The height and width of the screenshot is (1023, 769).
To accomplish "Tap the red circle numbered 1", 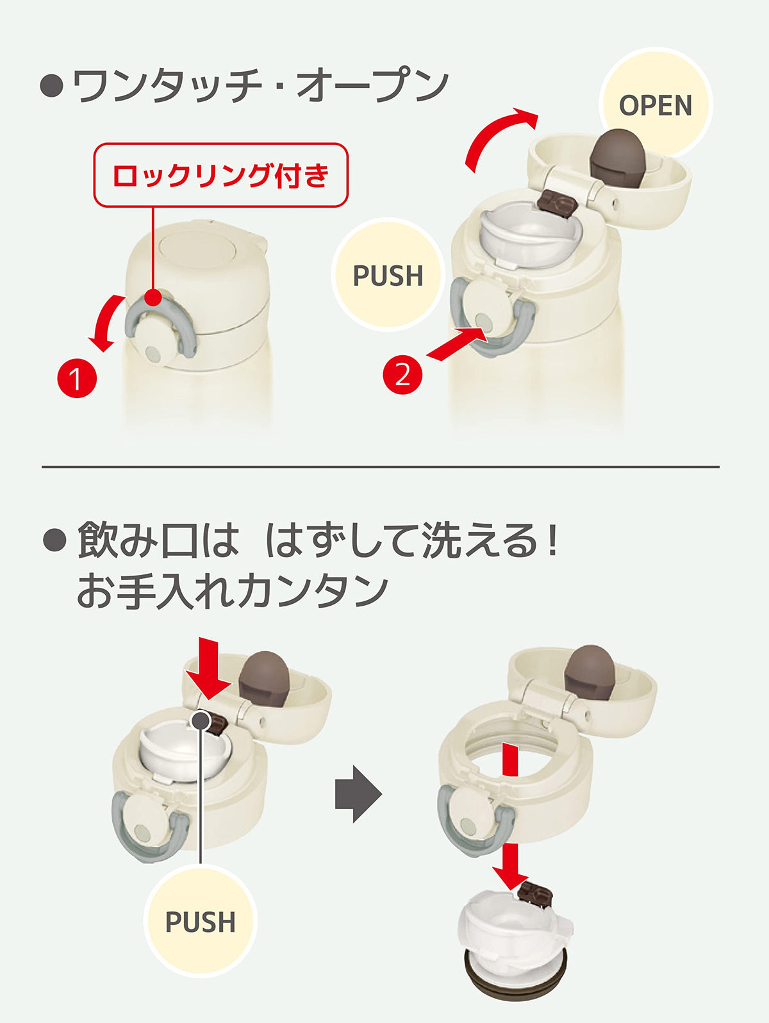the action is click(x=77, y=378).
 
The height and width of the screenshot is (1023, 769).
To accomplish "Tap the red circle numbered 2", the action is click(x=402, y=374).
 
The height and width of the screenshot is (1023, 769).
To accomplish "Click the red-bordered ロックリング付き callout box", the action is click(x=221, y=175).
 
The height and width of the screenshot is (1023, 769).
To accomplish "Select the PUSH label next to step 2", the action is click(x=388, y=275).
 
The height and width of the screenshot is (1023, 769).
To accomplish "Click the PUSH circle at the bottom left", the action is click(x=201, y=921).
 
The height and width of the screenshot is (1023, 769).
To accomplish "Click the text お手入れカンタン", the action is click(x=233, y=592).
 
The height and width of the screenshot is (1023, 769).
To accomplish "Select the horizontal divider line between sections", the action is click(x=381, y=467).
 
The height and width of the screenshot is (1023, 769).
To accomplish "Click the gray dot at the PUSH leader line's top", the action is click(x=201, y=720).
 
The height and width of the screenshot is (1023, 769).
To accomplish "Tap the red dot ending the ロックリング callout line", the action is click(x=153, y=297).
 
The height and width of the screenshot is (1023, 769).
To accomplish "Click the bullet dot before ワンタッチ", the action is click(x=51, y=87).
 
